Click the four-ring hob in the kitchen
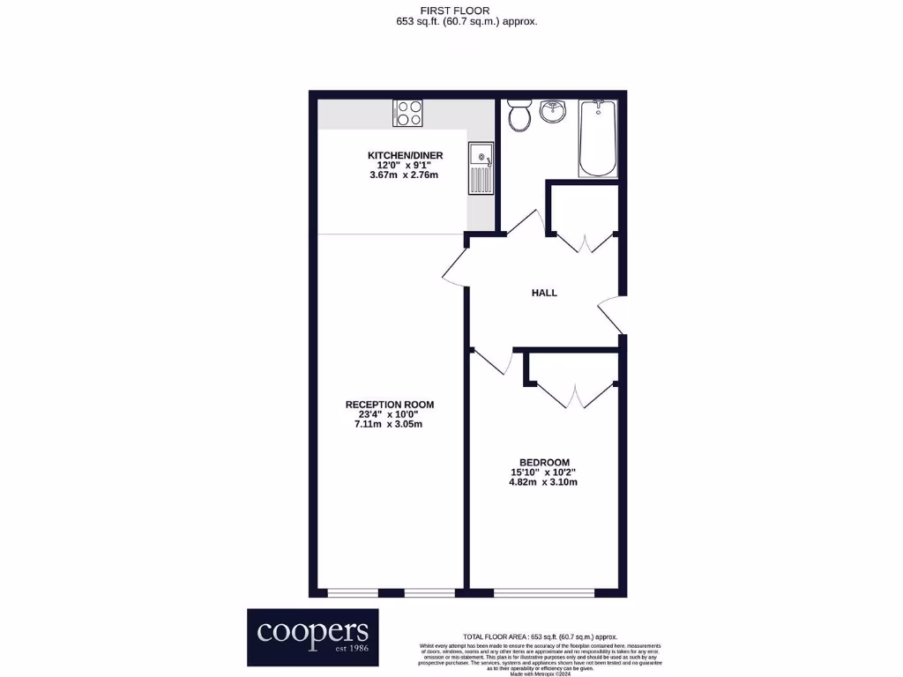click(x=408, y=113)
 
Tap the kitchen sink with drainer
click(x=481, y=169)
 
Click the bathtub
click(x=599, y=138)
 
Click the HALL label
click(x=544, y=293)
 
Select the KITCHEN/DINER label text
click(x=405, y=156)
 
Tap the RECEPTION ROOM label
click(x=389, y=405)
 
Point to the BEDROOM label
click(x=544, y=462)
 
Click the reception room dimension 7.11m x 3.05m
click(x=389, y=425)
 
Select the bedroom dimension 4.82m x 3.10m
click(x=544, y=482)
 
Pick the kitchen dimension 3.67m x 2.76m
click(x=405, y=175)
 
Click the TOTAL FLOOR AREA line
click(x=541, y=636)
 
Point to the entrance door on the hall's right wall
click(x=611, y=315)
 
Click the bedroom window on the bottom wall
click(x=544, y=592)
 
